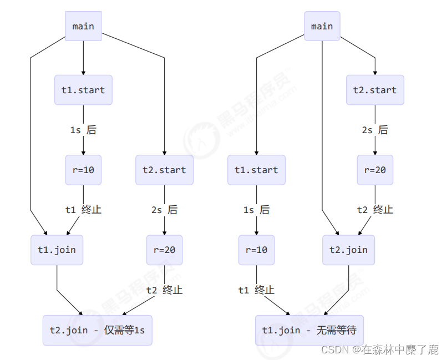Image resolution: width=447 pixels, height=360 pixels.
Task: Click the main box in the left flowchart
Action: click(83, 26)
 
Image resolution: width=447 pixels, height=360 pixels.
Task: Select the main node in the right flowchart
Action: click(322, 26)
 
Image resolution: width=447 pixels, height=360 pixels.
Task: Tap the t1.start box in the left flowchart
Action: click(83, 90)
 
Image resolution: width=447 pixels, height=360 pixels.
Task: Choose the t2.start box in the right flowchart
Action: click(375, 90)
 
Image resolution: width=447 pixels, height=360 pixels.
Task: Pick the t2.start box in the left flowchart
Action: click(164, 170)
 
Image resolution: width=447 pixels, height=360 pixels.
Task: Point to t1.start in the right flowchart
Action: click(256, 170)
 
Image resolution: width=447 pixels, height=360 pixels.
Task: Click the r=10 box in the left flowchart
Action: click(83, 170)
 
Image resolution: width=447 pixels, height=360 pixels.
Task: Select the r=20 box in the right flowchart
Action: click(375, 170)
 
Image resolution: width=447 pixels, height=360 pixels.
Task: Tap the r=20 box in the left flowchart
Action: click(164, 250)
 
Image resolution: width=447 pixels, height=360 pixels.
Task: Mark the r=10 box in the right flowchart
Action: click(256, 250)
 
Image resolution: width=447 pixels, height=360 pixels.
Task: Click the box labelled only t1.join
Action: click(57, 250)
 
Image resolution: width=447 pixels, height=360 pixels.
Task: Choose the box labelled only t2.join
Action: click(348, 250)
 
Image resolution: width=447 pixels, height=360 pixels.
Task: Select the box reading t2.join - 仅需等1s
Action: click(97, 330)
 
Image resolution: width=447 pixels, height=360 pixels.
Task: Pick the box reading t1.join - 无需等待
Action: click(309, 330)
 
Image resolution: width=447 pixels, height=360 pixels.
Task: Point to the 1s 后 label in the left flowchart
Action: click(83, 130)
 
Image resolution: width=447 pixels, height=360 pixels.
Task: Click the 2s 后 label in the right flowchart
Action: click(375, 130)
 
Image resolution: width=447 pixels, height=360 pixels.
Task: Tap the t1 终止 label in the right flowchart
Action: click(256, 290)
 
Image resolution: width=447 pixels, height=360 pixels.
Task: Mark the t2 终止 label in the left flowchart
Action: click(164, 290)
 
